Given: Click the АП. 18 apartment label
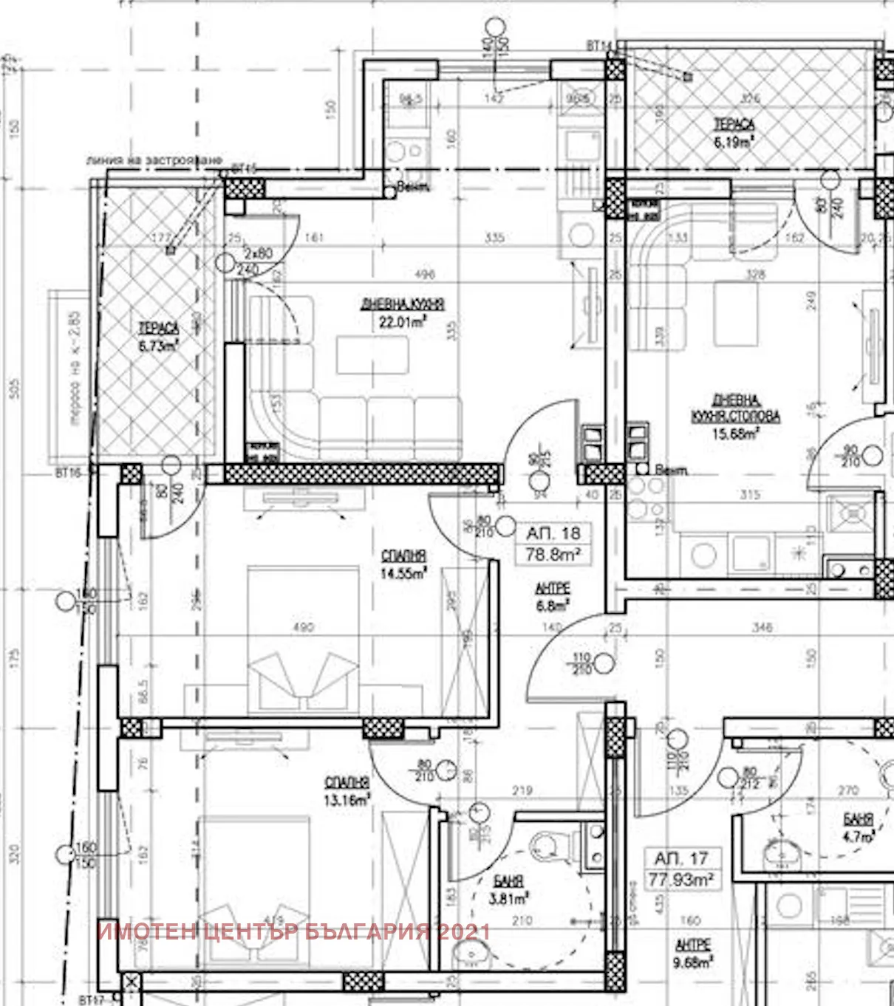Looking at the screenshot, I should point(553,533).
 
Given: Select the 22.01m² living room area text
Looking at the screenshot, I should point(403,322).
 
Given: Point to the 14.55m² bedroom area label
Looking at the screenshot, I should point(403,573).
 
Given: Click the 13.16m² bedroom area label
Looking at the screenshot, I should point(347,800).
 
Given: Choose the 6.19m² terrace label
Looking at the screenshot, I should point(734,142).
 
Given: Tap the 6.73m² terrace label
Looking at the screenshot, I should point(158,345).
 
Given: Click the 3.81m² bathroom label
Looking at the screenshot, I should point(509,899).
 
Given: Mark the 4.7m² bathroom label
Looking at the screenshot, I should point(858,837).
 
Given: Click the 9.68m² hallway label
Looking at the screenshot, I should point(693,962).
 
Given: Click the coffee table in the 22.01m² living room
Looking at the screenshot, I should point(372,355).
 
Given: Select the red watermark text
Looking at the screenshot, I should point(293,931).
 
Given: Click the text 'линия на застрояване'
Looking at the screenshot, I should point(154,160).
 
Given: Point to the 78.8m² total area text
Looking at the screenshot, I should point(553,554).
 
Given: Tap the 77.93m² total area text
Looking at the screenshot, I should point(680,880).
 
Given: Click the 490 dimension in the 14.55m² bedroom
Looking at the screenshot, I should point(303,627).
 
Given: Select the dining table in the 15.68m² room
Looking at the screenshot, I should point(736,313).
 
